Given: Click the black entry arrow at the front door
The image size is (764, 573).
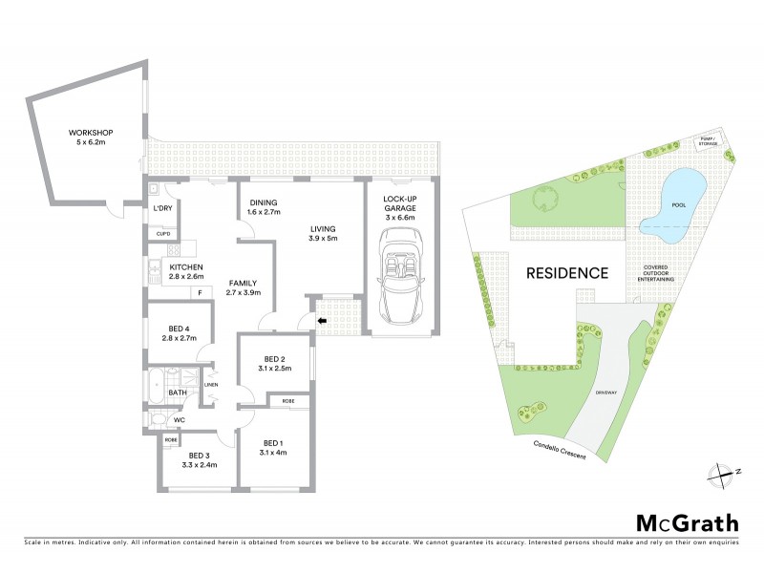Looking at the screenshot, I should pyautogui.click(x=321, y=321).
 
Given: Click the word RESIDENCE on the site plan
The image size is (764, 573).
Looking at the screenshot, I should pyautogui.click(x=567, y=273).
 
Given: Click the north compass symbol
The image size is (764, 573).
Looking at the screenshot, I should pyautogui.click(x=722, y=471).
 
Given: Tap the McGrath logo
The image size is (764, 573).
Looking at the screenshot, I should pyautogui.click(x=687, y=522).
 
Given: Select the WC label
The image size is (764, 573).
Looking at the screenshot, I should pyautogui.click(x=179, y=419).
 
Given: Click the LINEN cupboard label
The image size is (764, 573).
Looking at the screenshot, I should pyautogui.click(x=211, y=385).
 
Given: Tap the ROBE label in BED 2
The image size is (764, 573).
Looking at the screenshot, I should pyautogui.click(x=287, y=403).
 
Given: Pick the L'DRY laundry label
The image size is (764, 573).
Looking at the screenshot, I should pyautogui.click(x=163, y=208).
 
